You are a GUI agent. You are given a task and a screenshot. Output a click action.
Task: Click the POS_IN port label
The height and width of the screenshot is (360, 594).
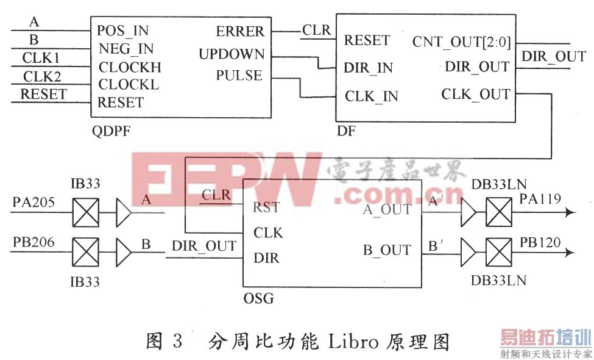coord(122,30)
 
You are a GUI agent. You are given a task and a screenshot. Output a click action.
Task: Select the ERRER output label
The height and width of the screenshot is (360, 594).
coord(240,31)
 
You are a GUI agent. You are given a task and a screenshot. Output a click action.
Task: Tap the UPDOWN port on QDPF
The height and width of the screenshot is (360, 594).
coord(232,54)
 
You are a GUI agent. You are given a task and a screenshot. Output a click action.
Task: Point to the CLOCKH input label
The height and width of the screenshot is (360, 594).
coord(130,67)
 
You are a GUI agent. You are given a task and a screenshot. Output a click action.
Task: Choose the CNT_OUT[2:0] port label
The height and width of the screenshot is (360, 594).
coord(461,41)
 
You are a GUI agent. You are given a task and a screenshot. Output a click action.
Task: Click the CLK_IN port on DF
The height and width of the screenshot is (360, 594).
coord(371,96)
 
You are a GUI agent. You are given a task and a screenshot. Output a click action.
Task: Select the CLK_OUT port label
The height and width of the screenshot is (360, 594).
coord(475,94)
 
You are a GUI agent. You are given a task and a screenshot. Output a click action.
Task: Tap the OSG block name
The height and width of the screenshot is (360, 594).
coord(258,298)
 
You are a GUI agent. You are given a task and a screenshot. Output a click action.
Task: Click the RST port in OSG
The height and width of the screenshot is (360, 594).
coord(266,207)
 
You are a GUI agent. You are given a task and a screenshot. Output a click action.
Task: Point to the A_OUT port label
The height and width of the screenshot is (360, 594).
coord(387,209)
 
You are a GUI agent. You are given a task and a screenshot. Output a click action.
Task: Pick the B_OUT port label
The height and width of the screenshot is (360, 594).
coord(387,250)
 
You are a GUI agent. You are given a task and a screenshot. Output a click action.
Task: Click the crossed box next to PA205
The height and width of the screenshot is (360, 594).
coord(85,213)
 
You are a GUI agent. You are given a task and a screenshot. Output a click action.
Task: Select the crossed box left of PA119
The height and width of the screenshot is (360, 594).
coord(498,213)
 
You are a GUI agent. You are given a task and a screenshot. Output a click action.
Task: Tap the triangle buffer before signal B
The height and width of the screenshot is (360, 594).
coord(124,254)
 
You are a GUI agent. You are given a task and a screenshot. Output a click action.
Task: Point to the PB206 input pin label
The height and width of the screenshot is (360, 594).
coord(34,242)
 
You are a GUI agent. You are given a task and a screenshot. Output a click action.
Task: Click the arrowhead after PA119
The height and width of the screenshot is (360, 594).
coord(570,212)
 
